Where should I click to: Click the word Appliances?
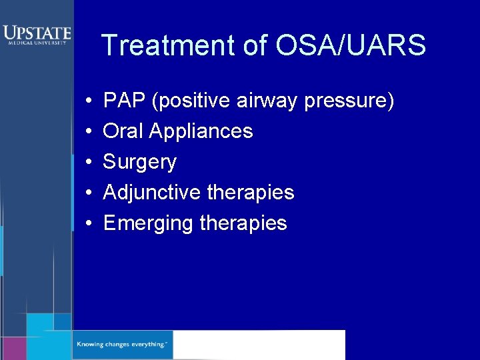(201, 132)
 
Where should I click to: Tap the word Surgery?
(140, 163)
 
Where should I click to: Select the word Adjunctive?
(152, 193)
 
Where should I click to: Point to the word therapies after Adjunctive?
(251, 193)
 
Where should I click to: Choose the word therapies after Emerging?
(243, 223)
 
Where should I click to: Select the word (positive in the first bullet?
(193, 102)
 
